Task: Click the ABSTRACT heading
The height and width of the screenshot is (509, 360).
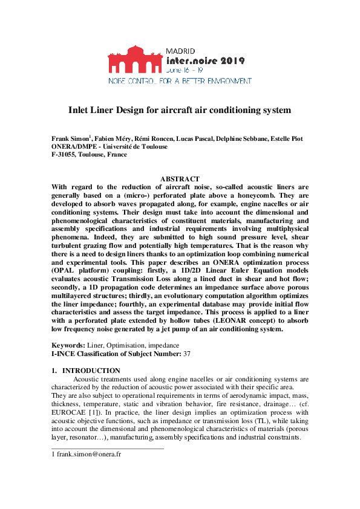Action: point(180,179)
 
